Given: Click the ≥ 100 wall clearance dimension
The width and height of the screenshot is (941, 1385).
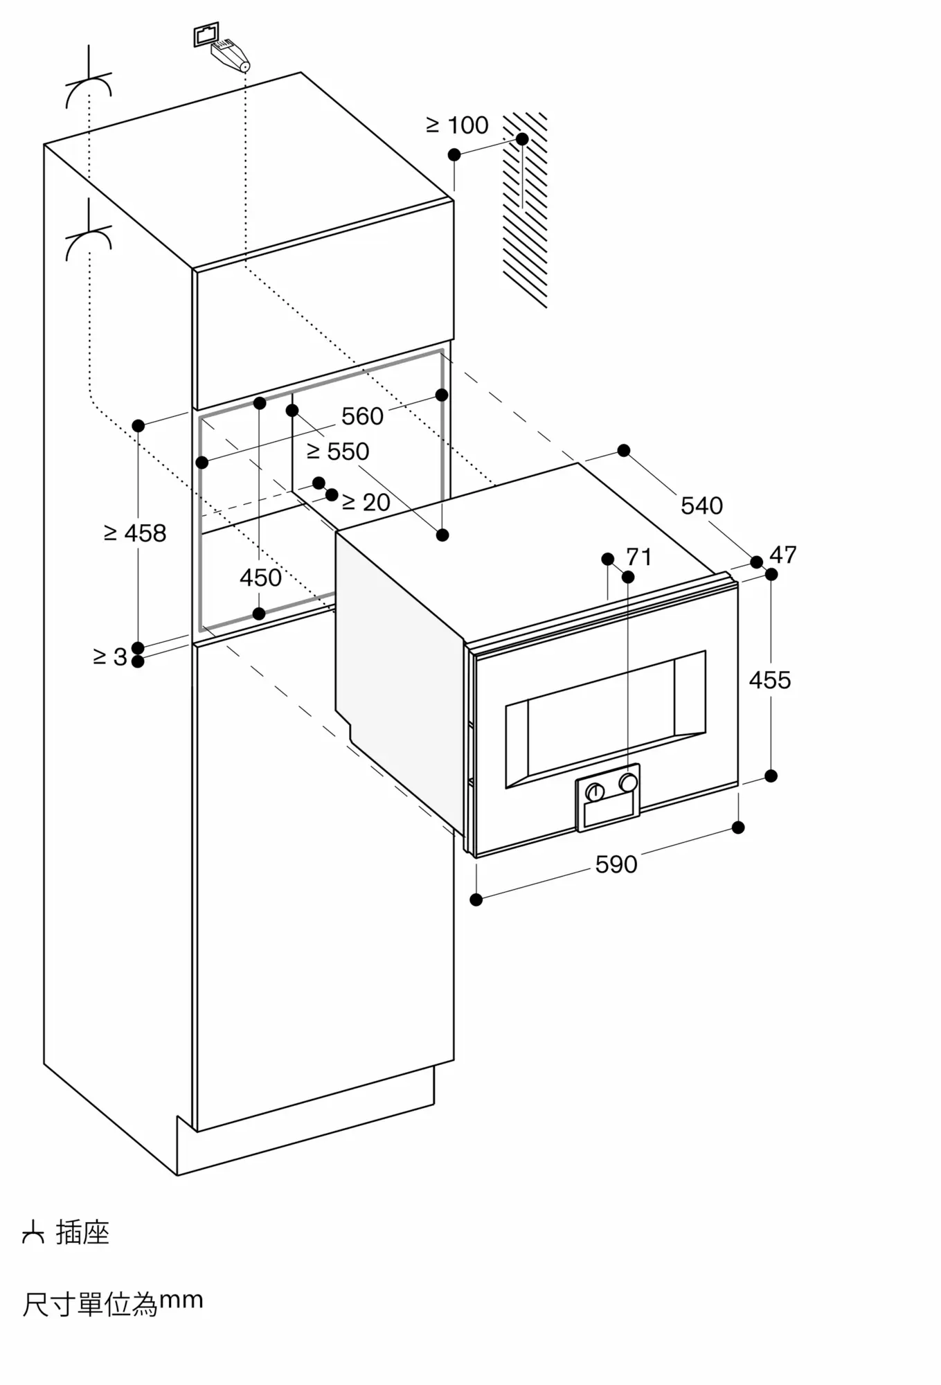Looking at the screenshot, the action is (457, 125).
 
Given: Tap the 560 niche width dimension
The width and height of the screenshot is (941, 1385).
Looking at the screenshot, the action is (362, 416).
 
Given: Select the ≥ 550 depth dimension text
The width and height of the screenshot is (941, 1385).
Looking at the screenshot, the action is (338, 452).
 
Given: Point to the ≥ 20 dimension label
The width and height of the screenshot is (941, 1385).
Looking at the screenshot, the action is (366, 502).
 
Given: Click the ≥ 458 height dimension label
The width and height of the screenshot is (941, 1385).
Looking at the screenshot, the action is (135, 533).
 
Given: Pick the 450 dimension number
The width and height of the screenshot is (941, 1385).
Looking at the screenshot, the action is (260, 578).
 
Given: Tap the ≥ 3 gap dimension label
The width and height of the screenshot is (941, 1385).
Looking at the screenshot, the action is (110, 656).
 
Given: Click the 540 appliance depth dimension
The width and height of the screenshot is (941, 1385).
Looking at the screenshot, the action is (701, 506).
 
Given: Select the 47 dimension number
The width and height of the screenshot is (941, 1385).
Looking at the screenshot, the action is (783, 555).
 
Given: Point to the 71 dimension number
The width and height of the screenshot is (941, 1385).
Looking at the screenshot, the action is (639, 557).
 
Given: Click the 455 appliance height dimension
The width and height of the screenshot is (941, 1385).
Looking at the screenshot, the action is (770, 680).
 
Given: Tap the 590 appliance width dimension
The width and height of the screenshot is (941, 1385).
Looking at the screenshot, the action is (616, 864).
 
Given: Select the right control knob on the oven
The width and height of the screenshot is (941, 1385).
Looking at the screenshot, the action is (629, 783).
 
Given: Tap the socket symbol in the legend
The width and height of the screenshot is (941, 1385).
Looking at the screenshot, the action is (33, 1233).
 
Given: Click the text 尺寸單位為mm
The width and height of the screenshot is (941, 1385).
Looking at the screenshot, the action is (113, 1303).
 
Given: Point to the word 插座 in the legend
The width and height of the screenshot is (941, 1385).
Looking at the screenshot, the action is (82, 1233).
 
